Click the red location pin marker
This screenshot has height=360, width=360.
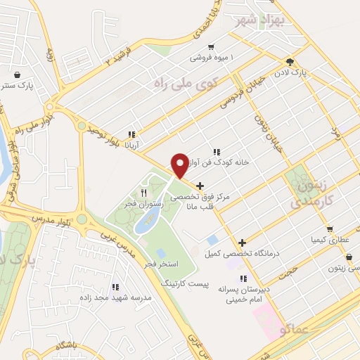click(x=180, y=165)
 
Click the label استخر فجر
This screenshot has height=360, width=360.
click(x=160, y=263)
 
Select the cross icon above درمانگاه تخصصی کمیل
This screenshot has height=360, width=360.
click(x=242, y=242)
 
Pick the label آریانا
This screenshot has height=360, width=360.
click(x=132, y=146)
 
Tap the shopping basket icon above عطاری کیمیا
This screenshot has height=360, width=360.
click(x=329, y=229)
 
